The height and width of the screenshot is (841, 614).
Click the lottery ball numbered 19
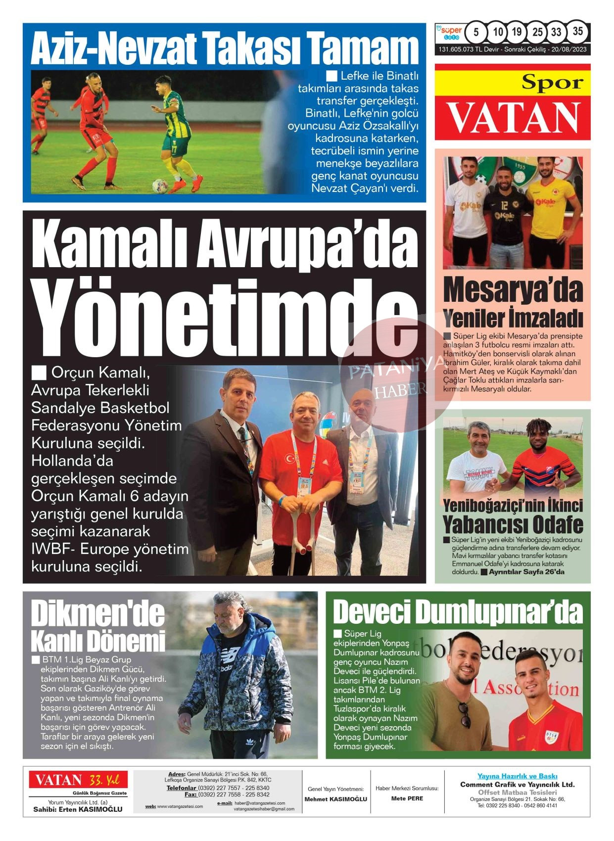pyautogui.click(x=517, y=32)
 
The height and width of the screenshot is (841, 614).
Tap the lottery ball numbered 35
pyautogui.click(x=577, y=31)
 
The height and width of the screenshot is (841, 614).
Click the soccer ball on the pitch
pyautogui.click(x=159, y=186)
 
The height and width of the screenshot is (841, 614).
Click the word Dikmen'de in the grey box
pyautogui.click(x=97, y=614)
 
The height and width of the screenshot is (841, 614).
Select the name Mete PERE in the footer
pyautogui.click(x=407, y=798)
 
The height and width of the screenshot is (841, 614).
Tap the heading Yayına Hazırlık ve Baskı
pyautogui.click(x=517, y=776)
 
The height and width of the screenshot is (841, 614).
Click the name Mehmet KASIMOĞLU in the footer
pyautogui.click(x=335, y=799)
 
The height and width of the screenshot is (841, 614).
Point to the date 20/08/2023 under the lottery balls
pyautogui.click(x=569, y=50)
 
